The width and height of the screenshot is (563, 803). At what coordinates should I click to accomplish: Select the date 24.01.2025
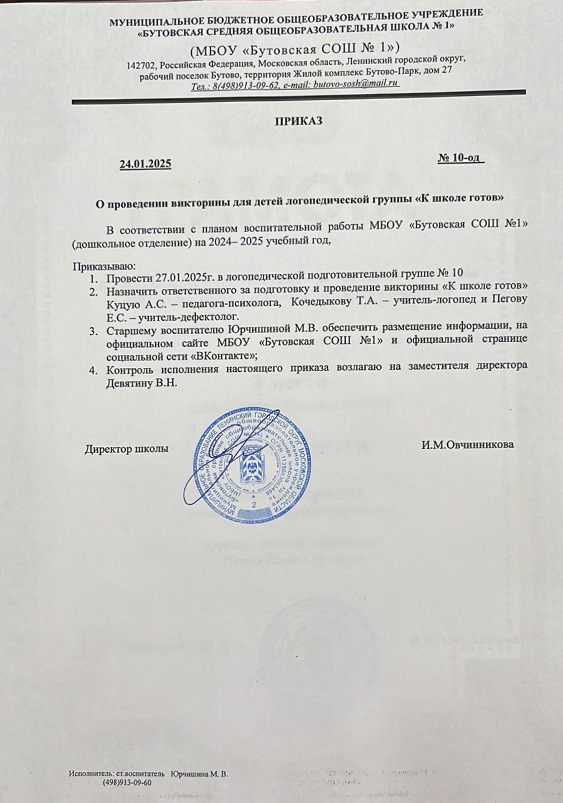click(x=144, y=164)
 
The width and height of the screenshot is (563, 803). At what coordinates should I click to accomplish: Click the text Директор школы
click(x=127, y=447)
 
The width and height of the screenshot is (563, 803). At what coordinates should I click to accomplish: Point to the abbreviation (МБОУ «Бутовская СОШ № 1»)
click(x=295, y=47)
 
